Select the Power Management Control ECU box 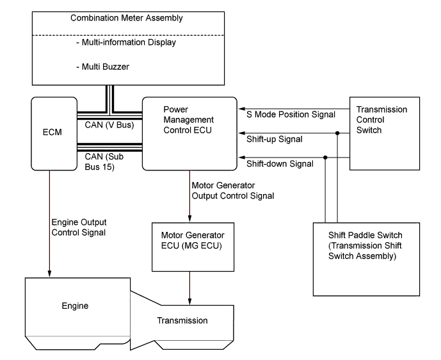188,133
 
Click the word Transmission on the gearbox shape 183,320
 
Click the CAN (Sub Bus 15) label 105,160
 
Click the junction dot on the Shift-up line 337,135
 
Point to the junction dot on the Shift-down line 326,157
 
